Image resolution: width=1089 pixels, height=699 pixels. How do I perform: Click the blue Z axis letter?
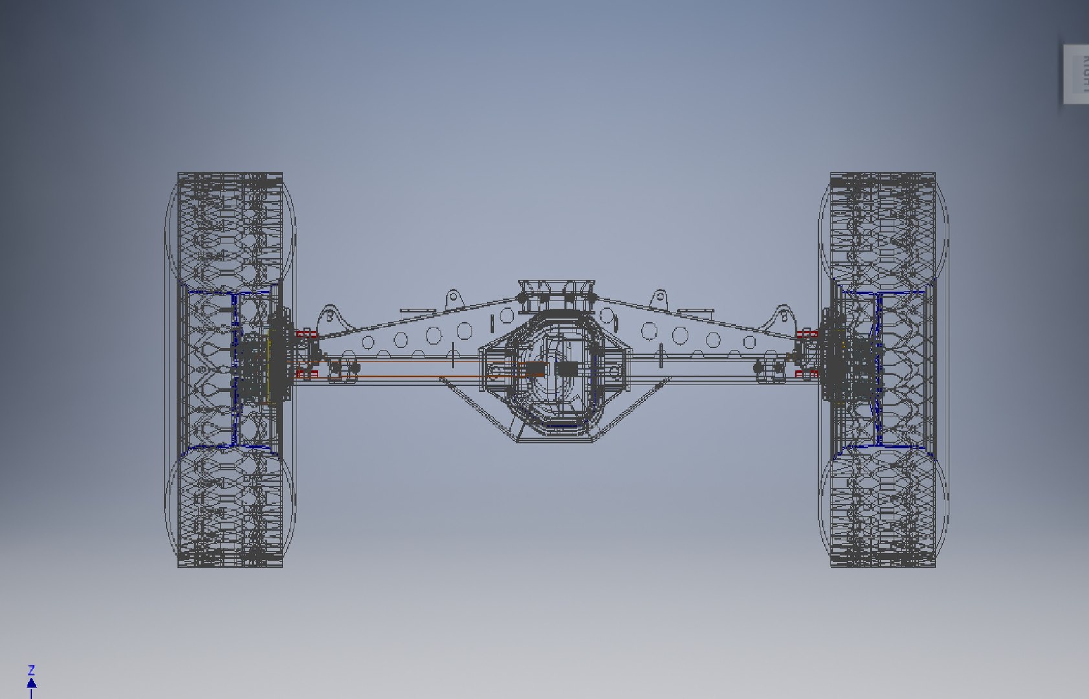pyautogui.click(x=31, y=670)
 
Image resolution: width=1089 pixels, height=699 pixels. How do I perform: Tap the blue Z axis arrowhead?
pyautogui.click(x=31, y=683)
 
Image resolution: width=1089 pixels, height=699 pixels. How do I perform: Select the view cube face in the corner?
pyautogui.click(x=1077, y=73)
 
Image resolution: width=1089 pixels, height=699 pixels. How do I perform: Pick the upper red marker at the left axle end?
pyautogui.click(x=307, y=334)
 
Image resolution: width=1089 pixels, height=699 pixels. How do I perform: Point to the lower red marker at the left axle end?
pyautogui.click(x=307, y=373)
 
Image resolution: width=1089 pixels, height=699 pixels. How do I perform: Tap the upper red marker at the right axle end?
pyautogui.click(x=806, y=334)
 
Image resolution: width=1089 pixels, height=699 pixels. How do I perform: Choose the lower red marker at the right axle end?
pyautogui.click(x=806, y=373)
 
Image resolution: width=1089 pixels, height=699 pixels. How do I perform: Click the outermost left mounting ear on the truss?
pyautogui.click(x=329, y=317)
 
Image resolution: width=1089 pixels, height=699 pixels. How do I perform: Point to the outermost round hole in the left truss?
pyautogui.click(x=368, y=342)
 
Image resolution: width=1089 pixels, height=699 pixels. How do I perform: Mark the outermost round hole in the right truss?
pyautogui.click(x=749, y=342)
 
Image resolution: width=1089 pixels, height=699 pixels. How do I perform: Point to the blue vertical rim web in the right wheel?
pyautogui.click(x=879, y=369)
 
